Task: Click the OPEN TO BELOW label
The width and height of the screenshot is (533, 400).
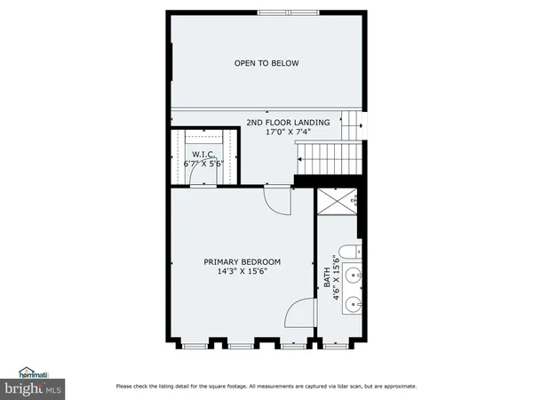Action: coord(266,63)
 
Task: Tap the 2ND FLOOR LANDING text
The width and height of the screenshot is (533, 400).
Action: coord(288,122)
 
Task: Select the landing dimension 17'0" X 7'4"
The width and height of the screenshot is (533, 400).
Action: coord(288,132)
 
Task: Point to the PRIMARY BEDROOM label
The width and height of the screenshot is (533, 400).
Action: coord(242,261)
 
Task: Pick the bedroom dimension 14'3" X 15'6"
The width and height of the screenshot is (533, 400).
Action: coord(242,272)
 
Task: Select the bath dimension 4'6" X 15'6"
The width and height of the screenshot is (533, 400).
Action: coord(336,278)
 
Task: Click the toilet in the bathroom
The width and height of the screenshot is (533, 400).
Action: coord(349,250)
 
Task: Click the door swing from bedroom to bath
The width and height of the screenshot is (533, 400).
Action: coord(301,315)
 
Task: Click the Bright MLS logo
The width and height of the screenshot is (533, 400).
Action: coord(32,387)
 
